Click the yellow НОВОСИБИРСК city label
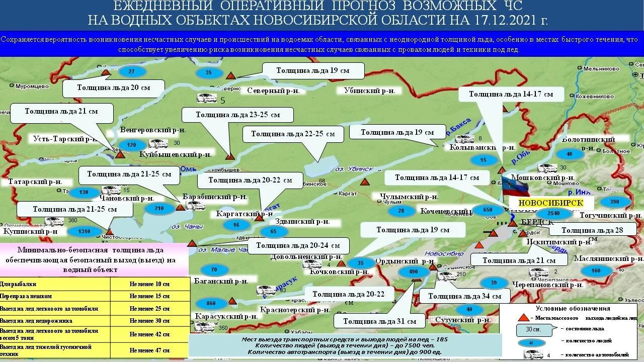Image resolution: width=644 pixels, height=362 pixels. pos(550,203)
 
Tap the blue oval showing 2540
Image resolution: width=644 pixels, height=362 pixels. pos(553,214)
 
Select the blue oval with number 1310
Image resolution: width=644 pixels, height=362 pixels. pos(84,232)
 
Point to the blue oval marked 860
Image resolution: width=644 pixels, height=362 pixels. pos(211,304)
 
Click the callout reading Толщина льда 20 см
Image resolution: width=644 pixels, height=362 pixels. pos(113,87)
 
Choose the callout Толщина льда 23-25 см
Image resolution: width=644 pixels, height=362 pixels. pos(237,115)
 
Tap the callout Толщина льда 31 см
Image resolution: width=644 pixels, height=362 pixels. pos(380,321)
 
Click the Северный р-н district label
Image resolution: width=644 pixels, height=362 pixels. pos(273,91)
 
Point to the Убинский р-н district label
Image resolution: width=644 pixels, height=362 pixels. pos(369,91)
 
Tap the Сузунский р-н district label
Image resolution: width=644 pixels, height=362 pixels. pos(462,320)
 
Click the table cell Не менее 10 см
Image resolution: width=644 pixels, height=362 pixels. pos(149,284)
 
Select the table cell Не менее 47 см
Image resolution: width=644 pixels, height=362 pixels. pos(149,350)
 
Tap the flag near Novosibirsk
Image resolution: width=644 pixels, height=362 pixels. pos(515,186)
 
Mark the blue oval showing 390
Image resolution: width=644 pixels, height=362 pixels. pos(614,202)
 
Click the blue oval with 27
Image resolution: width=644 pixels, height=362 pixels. pos(132,71)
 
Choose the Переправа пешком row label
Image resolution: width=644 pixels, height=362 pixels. pos(26,297)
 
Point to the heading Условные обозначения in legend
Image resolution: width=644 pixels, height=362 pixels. pos(573,309)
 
